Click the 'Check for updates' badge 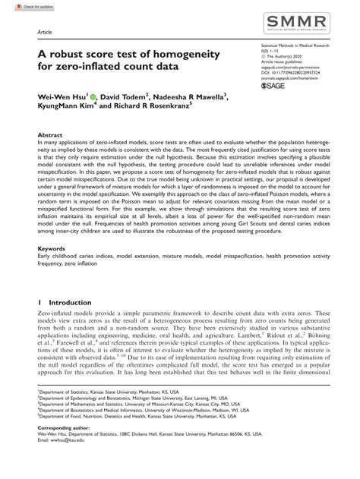coord(22,5)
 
